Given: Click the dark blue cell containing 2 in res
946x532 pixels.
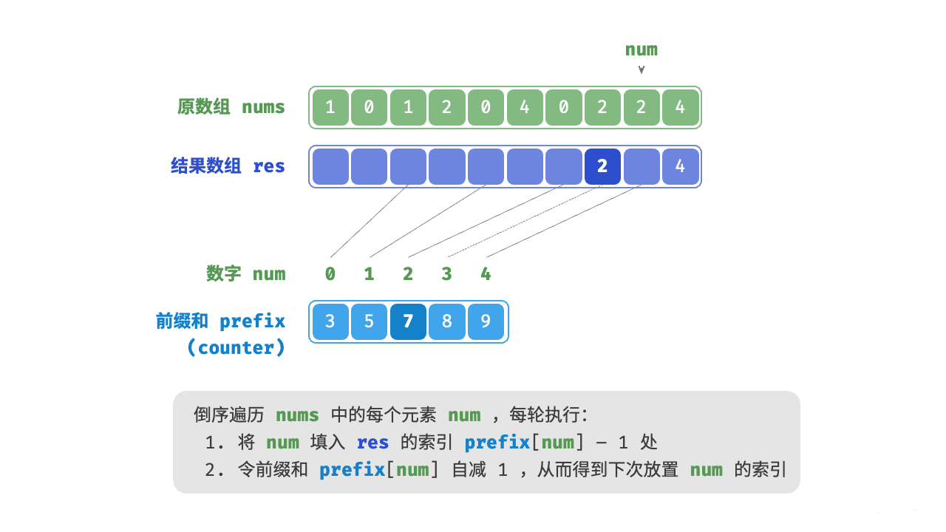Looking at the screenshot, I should pyautogui.click(x=602, y=166).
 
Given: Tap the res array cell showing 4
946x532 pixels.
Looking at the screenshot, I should pyautogui.click(x=680, y=166).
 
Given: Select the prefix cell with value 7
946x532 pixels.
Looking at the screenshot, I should pyautogui.click(x=408, y=322).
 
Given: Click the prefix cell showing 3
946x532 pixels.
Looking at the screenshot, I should pyautogui.click(x=330, y=322).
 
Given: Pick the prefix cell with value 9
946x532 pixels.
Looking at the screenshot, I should pyautogui.click(x=486, y=322).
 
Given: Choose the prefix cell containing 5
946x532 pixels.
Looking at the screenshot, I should pyautogui.click(x=369, y=322).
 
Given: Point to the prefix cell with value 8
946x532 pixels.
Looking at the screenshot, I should pyautogui.click(x=446, y=322).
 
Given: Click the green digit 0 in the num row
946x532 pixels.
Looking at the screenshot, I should pyautogui.click(x=330, y=274).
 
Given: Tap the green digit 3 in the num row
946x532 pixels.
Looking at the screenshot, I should pyautogui.click(x=446, y=274).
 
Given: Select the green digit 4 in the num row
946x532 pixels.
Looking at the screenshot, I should pyautogui.click(x=486, y=274).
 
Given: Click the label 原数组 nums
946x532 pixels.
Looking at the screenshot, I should pyautogui.click(x=231, y=107).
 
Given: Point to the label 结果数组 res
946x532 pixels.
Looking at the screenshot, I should pyautogui.click(x=228, y=166).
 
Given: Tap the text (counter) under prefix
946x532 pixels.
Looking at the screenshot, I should pyautogui.click(x=236, y=348).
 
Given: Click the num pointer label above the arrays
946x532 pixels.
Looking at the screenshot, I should pyautogui.click(x=641, y=50).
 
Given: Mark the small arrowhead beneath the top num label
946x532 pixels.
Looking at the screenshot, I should pyautogui.click(x=642, y=70).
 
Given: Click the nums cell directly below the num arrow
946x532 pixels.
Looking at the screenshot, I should pyautogui.click(x=641, y=107).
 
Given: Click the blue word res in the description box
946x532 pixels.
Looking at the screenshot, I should pyautogui.click(x=372, y=443).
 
